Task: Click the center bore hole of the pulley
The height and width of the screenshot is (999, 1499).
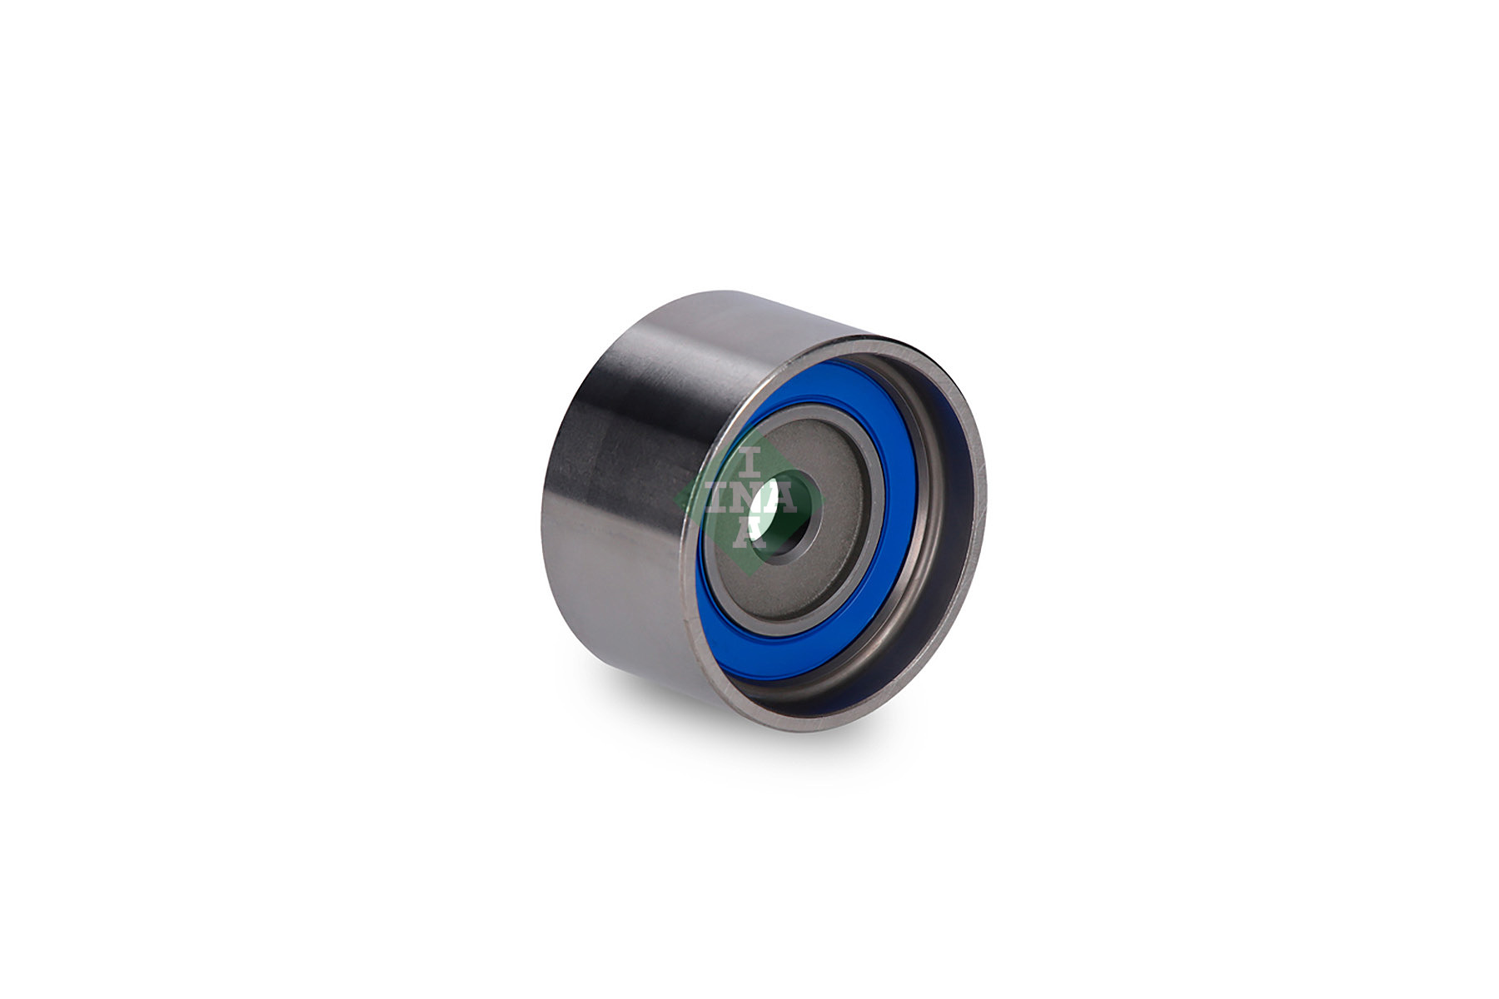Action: (781, 512)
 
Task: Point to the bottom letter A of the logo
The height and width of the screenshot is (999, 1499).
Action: (748, 533)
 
